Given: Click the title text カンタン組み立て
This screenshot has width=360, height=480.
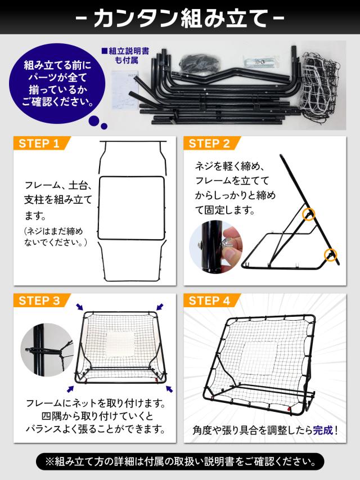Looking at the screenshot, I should [x=180, y=19].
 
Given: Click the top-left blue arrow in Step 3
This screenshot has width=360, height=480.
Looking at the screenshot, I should [x=79, y=307].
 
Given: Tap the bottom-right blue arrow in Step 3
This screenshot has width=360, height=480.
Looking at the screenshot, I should [x=169, y=388].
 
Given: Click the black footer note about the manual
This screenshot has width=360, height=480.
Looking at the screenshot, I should [x=180, y=462].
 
